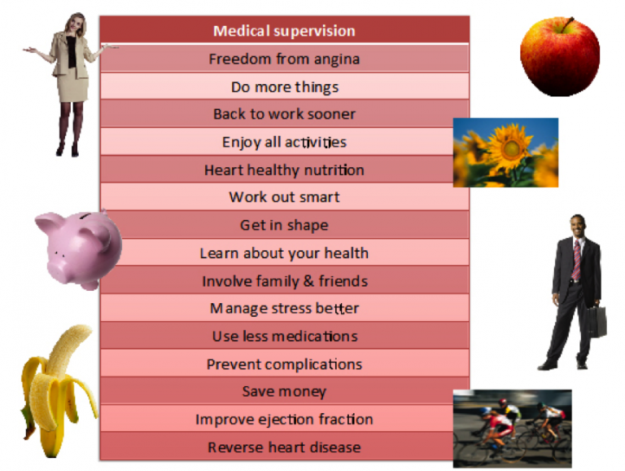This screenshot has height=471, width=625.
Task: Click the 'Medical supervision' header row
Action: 284,31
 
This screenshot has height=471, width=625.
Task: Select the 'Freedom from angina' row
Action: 284,59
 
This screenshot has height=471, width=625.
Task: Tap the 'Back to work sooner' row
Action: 284,114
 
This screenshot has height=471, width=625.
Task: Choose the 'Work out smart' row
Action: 284,197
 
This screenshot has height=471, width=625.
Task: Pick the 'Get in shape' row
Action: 284,225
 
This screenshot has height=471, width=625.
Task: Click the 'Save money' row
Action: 284,392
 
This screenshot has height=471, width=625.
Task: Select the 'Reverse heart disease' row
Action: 284,447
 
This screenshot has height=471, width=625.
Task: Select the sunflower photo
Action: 505,152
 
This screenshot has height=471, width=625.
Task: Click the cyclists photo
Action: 512,427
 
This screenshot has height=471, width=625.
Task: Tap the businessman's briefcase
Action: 596,320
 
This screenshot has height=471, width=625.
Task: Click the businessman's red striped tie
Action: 577,259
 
